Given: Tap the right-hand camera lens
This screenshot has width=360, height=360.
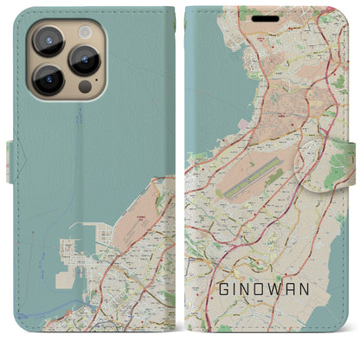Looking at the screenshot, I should (86, 60).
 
